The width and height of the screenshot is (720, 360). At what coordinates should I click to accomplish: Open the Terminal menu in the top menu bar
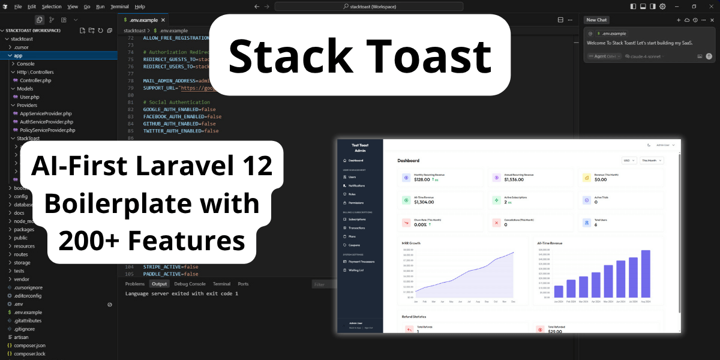(x=120, y=6)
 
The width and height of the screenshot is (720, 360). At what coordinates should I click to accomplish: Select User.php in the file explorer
(x=29, y=97)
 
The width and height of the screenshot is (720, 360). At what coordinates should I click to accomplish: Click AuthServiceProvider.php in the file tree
(x=46, y=122)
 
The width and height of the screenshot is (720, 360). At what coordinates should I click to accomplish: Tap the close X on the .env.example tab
(x=163, y=20)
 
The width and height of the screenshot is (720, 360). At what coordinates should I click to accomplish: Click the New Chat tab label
(x=597, y=20)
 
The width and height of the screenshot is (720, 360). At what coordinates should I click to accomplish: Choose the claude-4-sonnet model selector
(x=643, y=56)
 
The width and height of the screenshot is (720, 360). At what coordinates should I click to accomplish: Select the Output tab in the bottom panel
(x=159, y=284)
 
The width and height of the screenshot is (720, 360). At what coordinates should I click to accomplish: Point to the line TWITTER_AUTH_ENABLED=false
(x=181, y=131)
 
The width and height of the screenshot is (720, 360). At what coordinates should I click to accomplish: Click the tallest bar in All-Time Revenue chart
(x=646, y=274)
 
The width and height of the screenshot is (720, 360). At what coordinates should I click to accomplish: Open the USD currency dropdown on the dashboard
(x=629, y=161)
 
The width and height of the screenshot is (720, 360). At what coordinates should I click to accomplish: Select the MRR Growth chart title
(x=411, y=243)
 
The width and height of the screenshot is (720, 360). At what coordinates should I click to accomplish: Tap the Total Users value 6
(x=596, y=224)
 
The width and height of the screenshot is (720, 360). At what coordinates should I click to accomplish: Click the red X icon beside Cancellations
(x=496, y=223)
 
